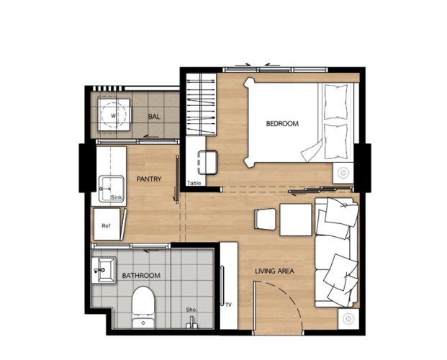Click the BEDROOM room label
[x=282, y=124]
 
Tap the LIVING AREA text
[x=274, y=271]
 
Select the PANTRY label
[x=149, y=179]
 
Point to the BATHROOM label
[x=141, y=276]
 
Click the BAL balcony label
[x=154, y=117]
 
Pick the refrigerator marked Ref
[x=107, y=224]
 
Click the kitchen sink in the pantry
[x=112, y=189]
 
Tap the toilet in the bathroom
[x=143, y=307]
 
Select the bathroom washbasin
[x=104, y=269]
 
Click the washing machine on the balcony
[x=114, y=115]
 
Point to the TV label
[x=228, y=305]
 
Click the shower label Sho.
[x=191, y=310]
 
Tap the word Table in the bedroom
[x=194, y=183]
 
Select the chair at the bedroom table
[x=207, y=162]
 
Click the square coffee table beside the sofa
[x=296, y=220]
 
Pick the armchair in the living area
[x=265, y=219]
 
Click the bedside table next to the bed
[x=343, y=173]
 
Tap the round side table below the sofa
[x=348, y=319]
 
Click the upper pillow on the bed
[x=336, y=102]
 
